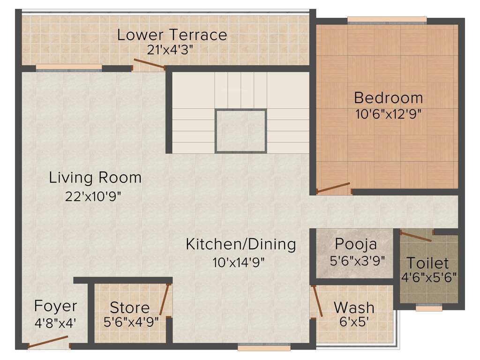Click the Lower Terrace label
point(172,35)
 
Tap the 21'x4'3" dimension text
point(170,50)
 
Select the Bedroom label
point(388,98)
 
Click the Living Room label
point(95,178)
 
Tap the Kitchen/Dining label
point(241,244)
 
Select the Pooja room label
point(356,244)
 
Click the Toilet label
point(427,263)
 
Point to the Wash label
point(354,308)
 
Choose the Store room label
point(130,308)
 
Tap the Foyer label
point(55,306)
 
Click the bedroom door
point(333,187)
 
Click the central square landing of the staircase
point(240,131)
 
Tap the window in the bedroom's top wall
point(387,20)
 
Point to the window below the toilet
point(429,308)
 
